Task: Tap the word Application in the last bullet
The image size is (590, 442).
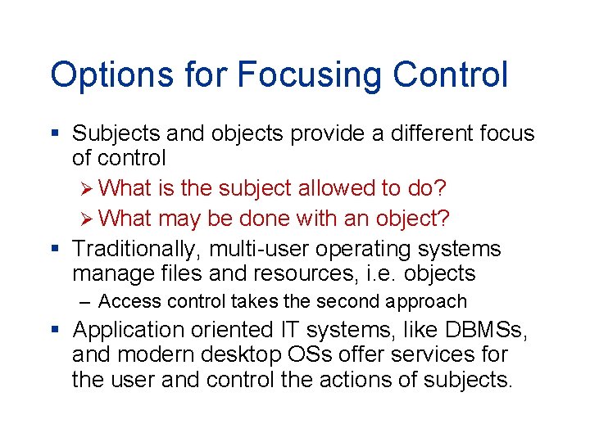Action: pyautogui.click(x=129, y=330)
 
